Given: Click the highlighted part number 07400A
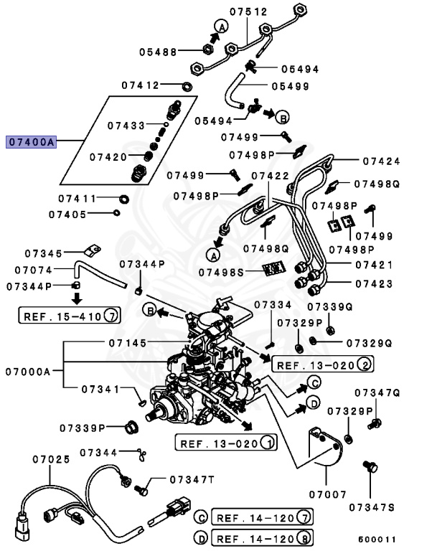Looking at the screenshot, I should click(31, 142).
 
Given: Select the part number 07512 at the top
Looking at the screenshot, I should click(248, 11).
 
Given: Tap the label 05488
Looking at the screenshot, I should click(158, 51).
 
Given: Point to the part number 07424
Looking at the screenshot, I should click(381, 161).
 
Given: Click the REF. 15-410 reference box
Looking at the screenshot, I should click(70, 316).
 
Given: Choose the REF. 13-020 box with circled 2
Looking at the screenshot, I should click(323, 365).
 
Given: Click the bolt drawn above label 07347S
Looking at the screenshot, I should click(370, 467).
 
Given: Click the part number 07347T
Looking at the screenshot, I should click(192, 479).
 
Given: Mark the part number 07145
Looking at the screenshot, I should click(130, 342).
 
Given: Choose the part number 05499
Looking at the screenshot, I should click(290, 86).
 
